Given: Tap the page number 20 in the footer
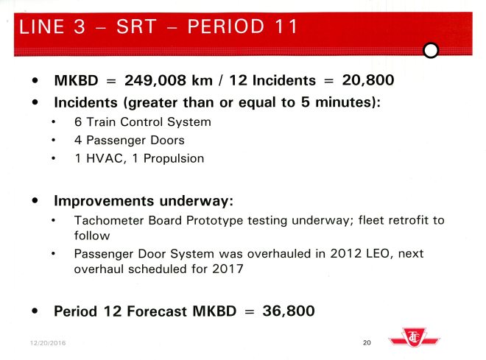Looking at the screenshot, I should [x=367, y=342].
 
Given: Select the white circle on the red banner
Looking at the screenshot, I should [x=432, y=49].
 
